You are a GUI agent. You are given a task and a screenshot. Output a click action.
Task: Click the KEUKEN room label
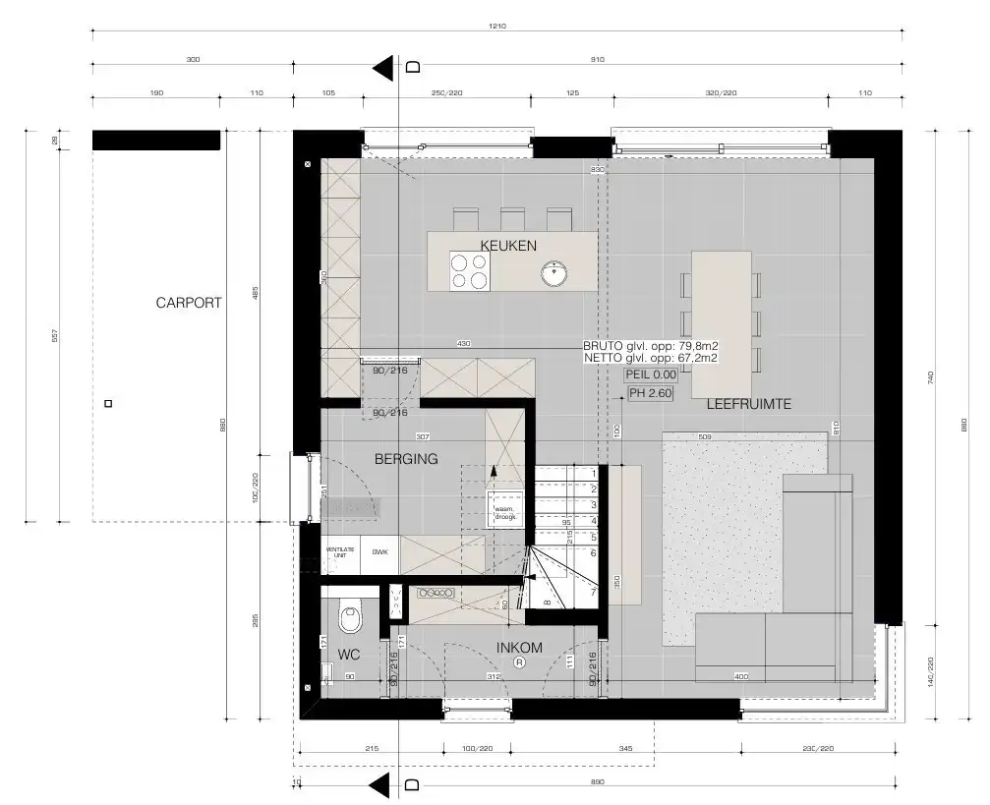coord(508,245)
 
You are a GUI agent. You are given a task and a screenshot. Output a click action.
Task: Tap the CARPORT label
coord(189,303)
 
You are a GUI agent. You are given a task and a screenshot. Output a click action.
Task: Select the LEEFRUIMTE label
coord(749,404)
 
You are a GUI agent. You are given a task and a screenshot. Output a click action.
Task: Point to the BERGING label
coord(406,458)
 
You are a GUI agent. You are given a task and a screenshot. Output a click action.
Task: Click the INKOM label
coord(520,647)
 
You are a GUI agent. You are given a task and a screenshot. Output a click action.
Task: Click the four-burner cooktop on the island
coord(470,271)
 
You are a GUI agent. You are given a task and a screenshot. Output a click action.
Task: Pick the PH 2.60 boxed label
coord(651,393)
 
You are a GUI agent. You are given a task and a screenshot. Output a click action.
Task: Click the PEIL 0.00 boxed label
coord(651,374)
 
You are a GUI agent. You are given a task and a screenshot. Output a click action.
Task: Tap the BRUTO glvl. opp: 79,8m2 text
coord(650,346)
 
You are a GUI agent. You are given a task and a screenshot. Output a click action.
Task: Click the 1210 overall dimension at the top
coord(496,27)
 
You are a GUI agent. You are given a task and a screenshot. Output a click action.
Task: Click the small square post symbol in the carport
coord(108,403)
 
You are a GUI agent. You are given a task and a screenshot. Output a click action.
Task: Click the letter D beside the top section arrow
coord(413,67)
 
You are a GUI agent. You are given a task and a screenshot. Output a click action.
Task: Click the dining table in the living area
coord(722,309)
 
